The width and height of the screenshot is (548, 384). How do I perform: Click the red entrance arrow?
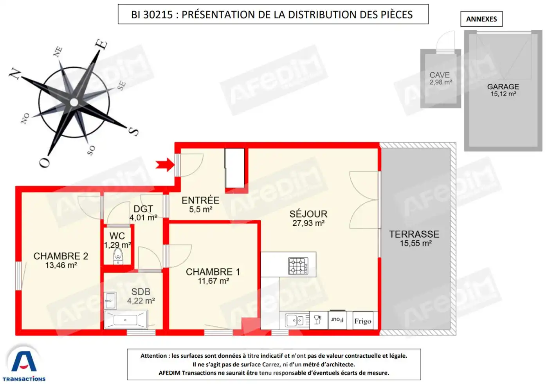[165, 165]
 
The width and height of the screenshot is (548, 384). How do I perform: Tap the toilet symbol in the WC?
[118, 257]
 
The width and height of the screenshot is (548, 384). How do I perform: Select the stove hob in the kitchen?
[298, 266]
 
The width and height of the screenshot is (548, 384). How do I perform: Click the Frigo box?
[363, 321]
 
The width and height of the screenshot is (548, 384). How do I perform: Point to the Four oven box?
[337, 320]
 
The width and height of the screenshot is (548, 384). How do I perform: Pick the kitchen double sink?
[295, 321]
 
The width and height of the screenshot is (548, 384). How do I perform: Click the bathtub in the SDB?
[126, 320]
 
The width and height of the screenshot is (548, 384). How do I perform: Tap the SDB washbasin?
[110, 301]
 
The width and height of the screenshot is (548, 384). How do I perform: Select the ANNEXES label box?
[481, 19]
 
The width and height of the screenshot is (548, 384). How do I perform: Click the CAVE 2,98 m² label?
[440, 78]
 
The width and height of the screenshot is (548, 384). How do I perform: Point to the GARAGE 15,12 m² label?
[503, 90]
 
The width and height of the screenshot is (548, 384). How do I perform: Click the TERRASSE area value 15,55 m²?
[415, 243]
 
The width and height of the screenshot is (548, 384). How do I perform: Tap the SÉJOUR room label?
[308, 214]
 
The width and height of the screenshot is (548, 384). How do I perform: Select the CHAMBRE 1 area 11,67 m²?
[213, 281]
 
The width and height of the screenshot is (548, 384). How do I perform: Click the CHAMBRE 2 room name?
[61, 256]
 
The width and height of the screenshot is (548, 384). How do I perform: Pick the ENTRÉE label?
[200, 200]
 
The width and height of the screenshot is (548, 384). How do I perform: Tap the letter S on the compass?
[134, 131]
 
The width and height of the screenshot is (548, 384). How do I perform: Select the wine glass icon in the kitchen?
[318, 320]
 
